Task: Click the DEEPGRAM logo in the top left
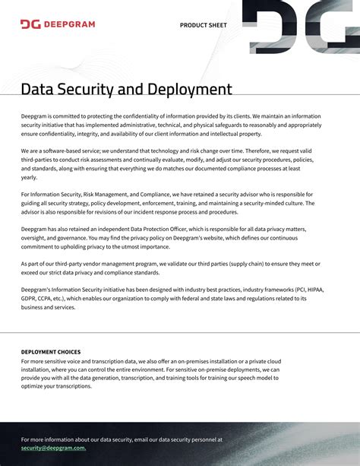coord(58,24)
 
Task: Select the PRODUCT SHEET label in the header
coord(203,25)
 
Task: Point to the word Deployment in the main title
coord(190,90)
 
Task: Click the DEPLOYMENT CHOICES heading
coord(51,352)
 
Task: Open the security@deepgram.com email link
coord(53,448)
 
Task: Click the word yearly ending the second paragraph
coord(29,177)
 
